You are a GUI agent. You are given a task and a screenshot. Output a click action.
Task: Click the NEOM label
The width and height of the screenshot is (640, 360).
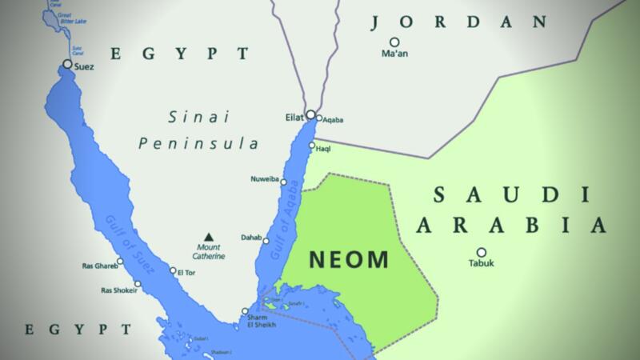click(349, 259)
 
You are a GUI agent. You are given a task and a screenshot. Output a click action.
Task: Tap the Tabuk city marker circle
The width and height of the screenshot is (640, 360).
click(482, 252)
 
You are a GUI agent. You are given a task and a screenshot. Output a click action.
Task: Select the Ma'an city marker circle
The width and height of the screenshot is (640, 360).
click(394, 42)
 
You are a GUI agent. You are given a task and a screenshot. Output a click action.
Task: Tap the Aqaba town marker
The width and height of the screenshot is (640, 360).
click(318, 118)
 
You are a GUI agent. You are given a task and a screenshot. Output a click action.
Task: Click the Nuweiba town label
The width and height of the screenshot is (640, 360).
click(264, 180)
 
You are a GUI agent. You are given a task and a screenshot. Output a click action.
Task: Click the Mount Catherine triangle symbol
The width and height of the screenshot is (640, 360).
click(209, 236)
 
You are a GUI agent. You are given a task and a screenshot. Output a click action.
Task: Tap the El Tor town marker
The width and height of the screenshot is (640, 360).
click(172, 270)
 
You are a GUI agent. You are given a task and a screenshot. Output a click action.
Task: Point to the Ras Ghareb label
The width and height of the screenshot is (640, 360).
click(99, 266)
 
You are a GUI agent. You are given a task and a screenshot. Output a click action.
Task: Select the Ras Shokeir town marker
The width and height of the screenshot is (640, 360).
click(139, 283)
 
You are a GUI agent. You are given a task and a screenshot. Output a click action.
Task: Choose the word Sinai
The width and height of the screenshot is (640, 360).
click(198, 118)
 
